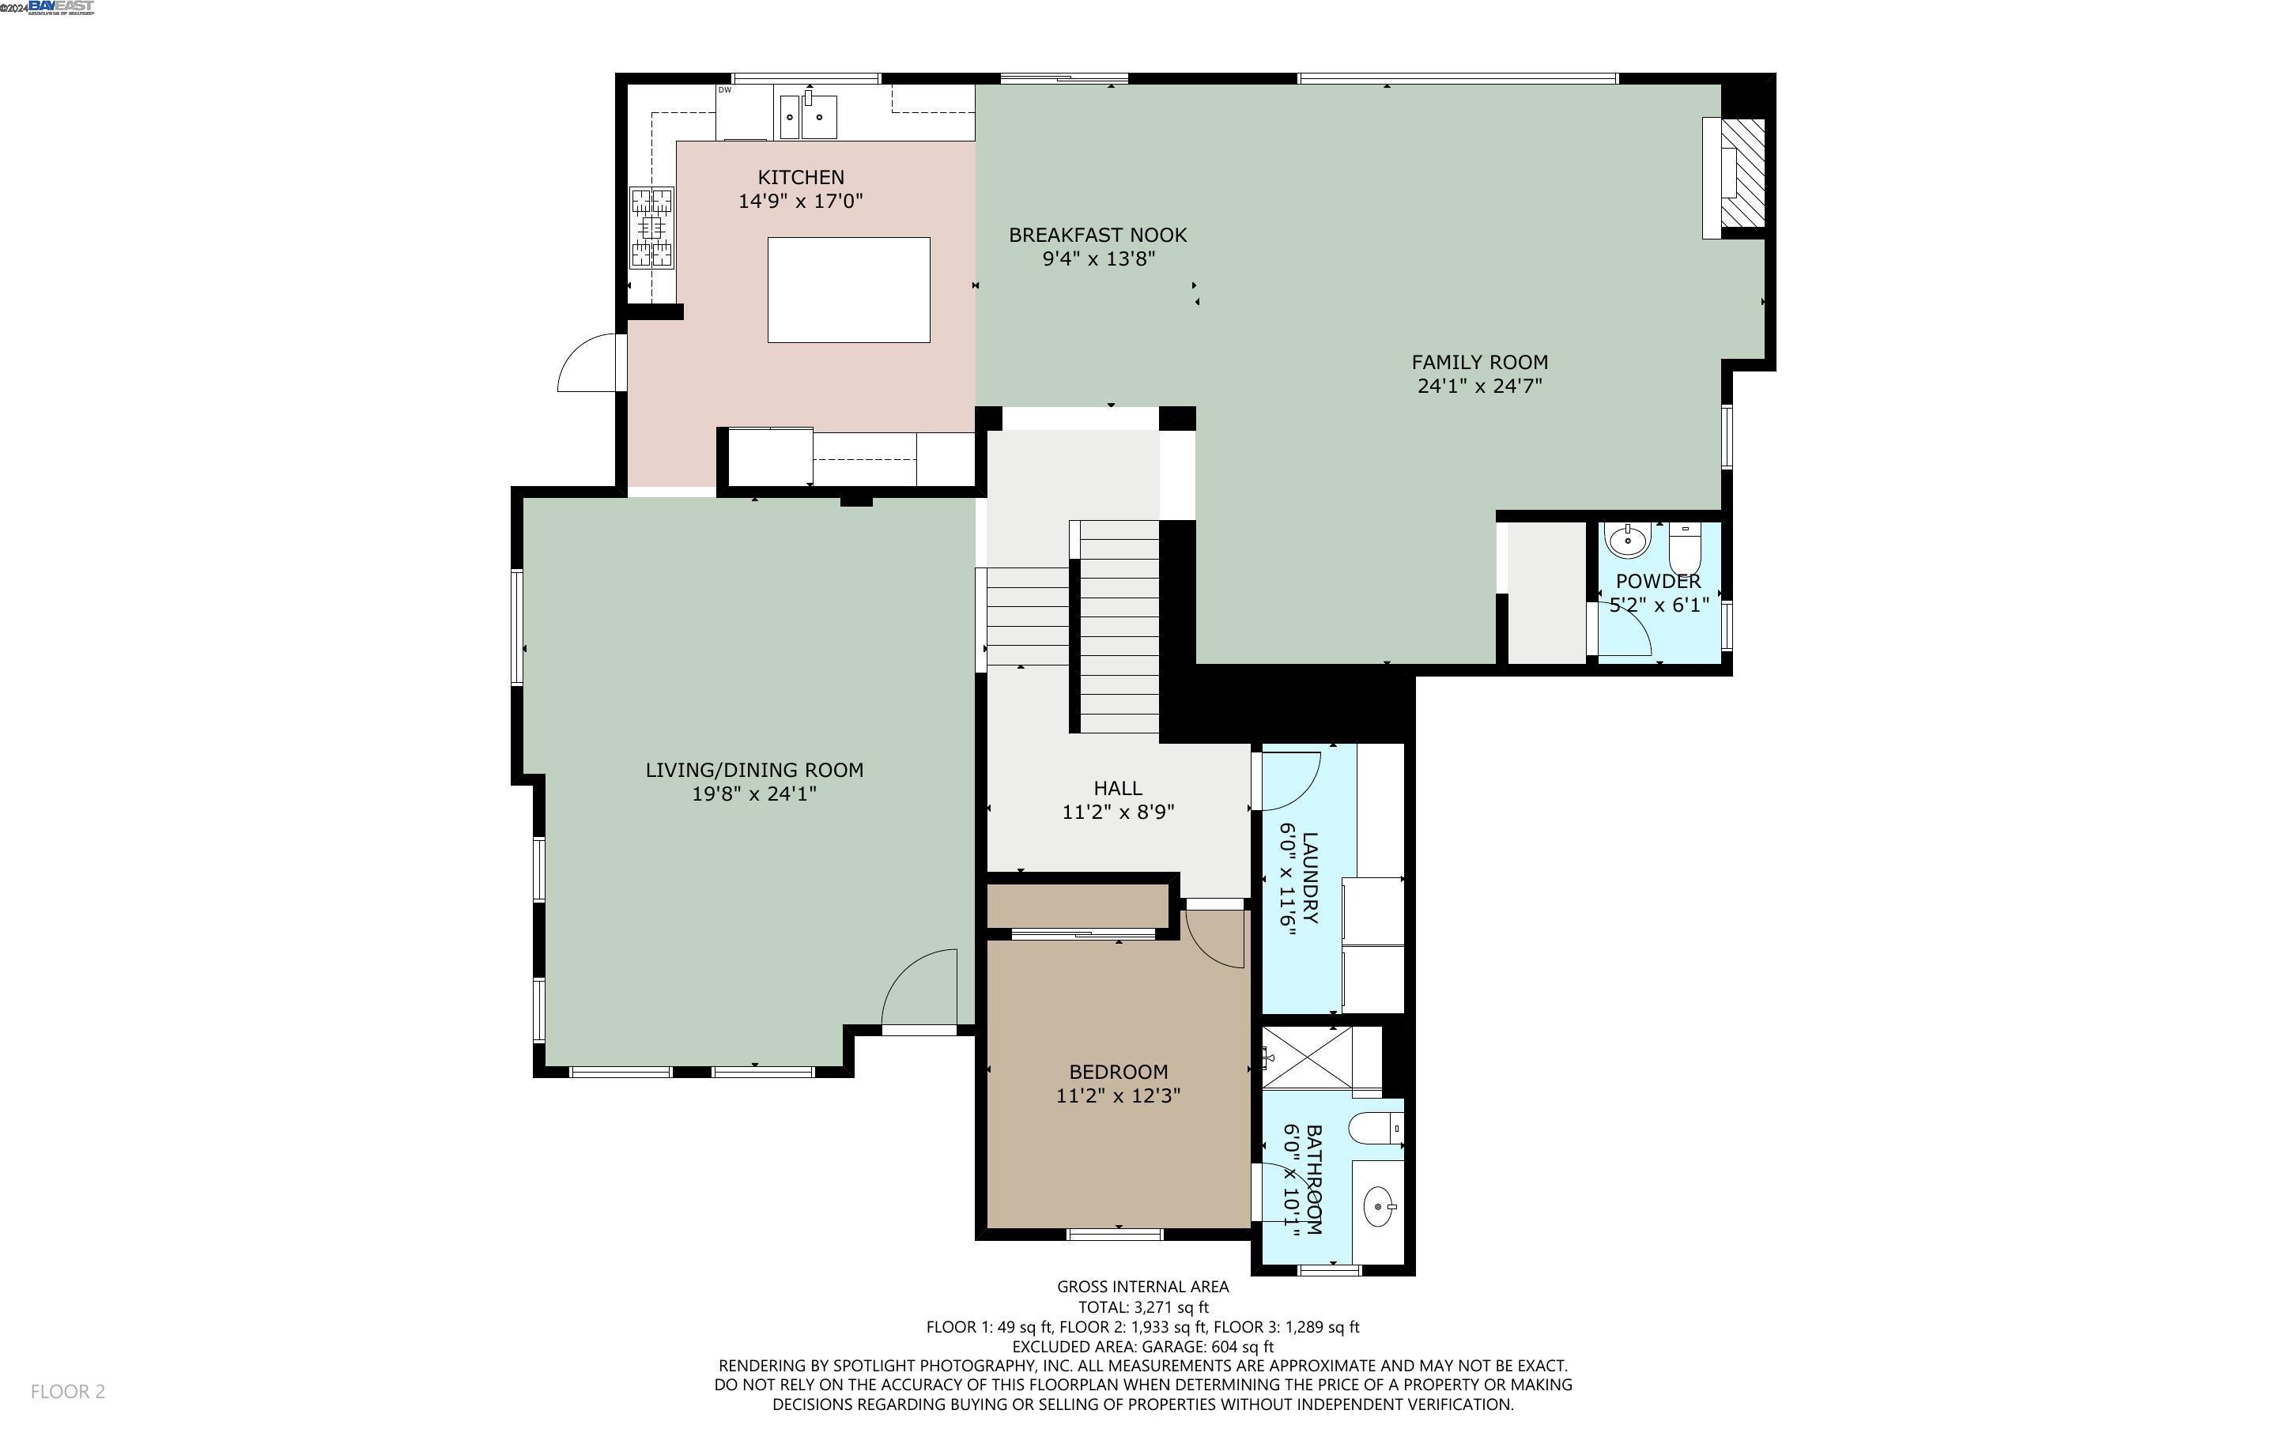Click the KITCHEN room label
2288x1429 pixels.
(x=800, y=178)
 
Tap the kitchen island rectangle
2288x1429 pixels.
(x=848, y=289)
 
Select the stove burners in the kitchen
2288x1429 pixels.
(x=652, y=228)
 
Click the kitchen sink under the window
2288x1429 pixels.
(x=808, y=117)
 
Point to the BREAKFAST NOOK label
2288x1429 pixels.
(x=1097, y=236)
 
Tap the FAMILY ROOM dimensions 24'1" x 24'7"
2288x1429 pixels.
(x=1479, y=386)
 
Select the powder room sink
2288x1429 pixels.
(x=1627, y=541)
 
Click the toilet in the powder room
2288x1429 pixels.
(x=1684, y=546)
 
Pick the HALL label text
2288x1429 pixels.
(x=1117, y=788)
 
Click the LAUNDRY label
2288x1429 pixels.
(x=1310, y=877)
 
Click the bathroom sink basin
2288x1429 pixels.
(x=1380, y=1207)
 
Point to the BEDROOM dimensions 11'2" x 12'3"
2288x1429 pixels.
(x=1118, y=1096)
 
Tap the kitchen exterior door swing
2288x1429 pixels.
(x=589, y=364)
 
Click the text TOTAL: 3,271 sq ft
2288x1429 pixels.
(x=1142, y=1307)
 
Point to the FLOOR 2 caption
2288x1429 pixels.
(x=67, y=1391)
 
